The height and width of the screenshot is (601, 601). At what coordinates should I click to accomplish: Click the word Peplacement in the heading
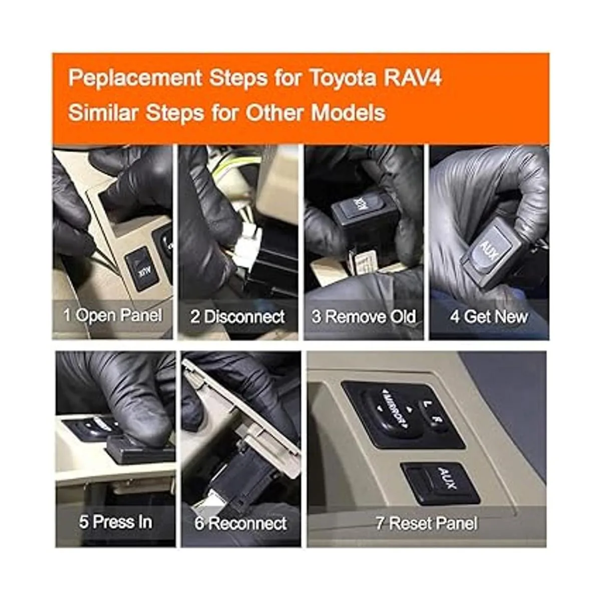pos(135,78)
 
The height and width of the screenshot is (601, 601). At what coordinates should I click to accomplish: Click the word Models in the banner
pos(348,112)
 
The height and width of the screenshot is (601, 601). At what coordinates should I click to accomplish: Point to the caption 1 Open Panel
pos(113,315)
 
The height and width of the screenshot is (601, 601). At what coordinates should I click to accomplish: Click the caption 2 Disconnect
pos(237,317)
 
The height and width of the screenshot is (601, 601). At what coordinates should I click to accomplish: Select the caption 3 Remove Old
pos(364,317)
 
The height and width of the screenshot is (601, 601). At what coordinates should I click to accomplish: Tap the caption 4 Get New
pos(489,317)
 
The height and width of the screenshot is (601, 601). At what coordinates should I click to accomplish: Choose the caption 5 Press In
pos(115,522)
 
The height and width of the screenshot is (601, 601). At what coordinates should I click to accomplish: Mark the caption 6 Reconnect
pos(240,523)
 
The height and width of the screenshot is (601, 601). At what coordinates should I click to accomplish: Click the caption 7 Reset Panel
pos(426,523)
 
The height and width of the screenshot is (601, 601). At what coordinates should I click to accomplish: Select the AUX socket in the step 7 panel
pos(440,484)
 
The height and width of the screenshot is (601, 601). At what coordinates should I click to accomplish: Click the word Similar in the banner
pos(103,112)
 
